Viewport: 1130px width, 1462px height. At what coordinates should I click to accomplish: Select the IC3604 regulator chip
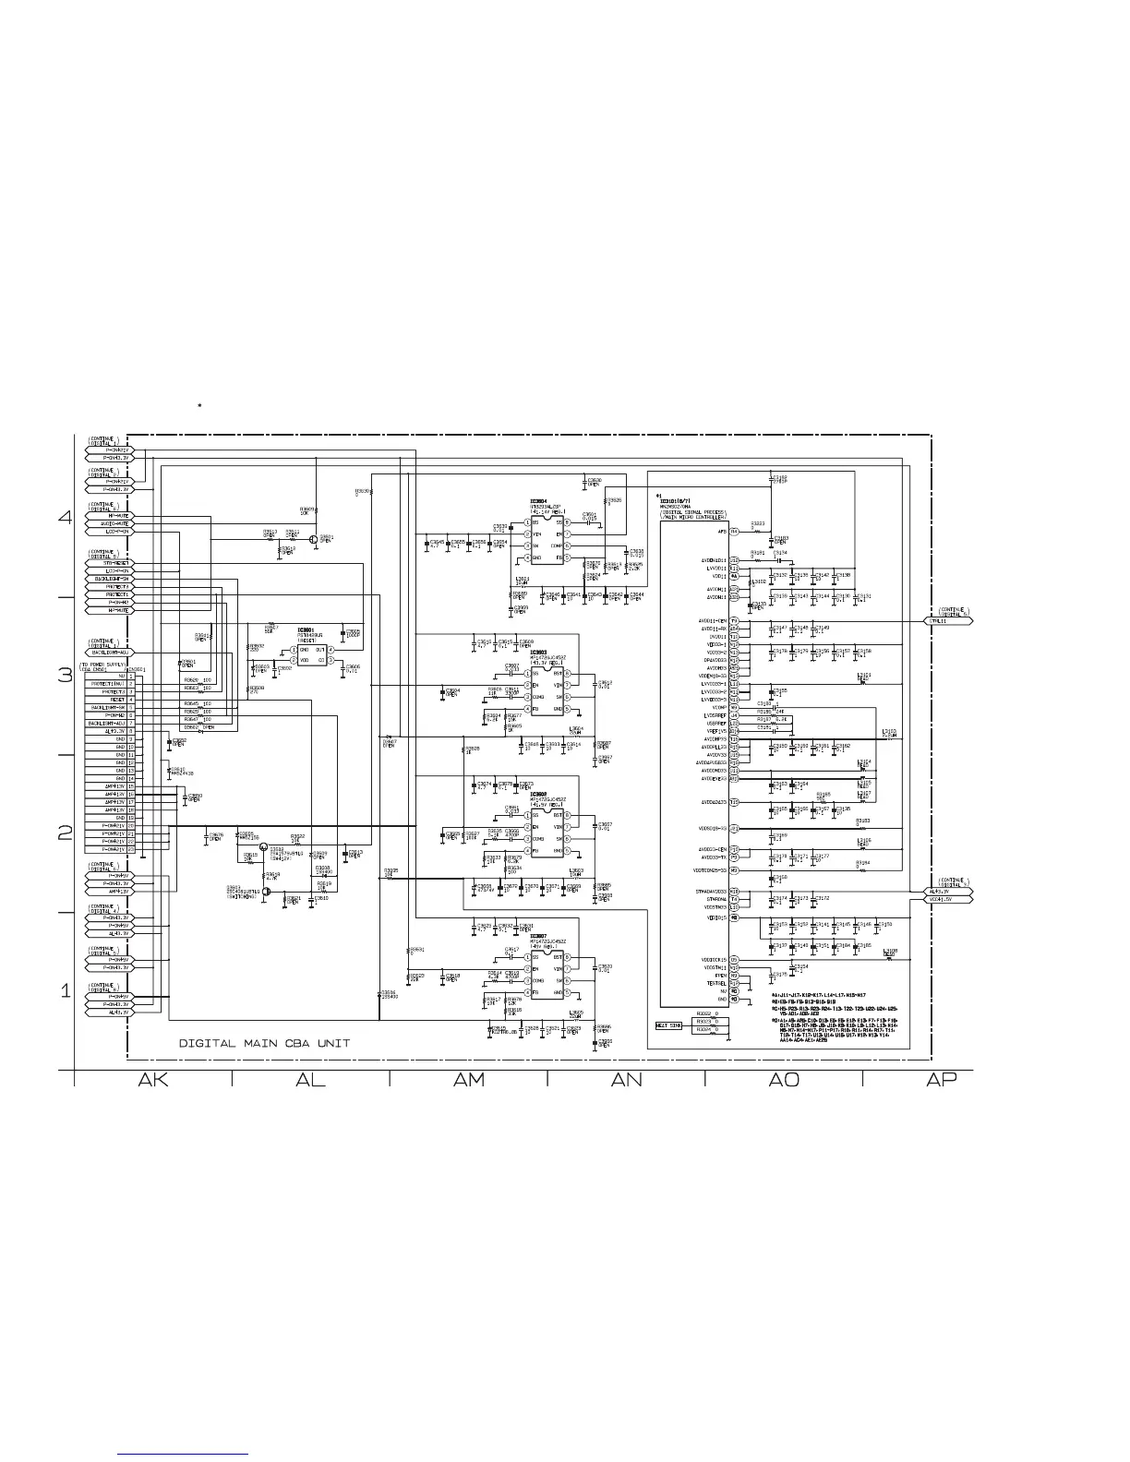coord(547,540)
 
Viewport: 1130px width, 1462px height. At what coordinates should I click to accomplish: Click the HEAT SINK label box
coord(668,1025)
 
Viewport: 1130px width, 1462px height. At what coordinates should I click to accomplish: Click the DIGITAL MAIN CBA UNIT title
coord(264,1044)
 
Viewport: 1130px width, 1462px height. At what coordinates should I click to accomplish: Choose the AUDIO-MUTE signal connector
coord(109,524)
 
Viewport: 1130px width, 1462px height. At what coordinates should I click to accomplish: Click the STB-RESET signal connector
coord(109,563)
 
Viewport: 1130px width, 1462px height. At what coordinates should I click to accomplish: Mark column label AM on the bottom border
coord(469,1081)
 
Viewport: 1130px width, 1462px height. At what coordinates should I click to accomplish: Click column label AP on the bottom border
coord(941,1081)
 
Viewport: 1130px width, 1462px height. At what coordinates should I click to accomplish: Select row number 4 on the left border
coord(65,518)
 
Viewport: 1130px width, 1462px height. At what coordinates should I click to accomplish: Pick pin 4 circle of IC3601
coord(333,650)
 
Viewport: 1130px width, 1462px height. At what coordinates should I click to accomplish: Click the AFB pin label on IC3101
coord(723,532)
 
